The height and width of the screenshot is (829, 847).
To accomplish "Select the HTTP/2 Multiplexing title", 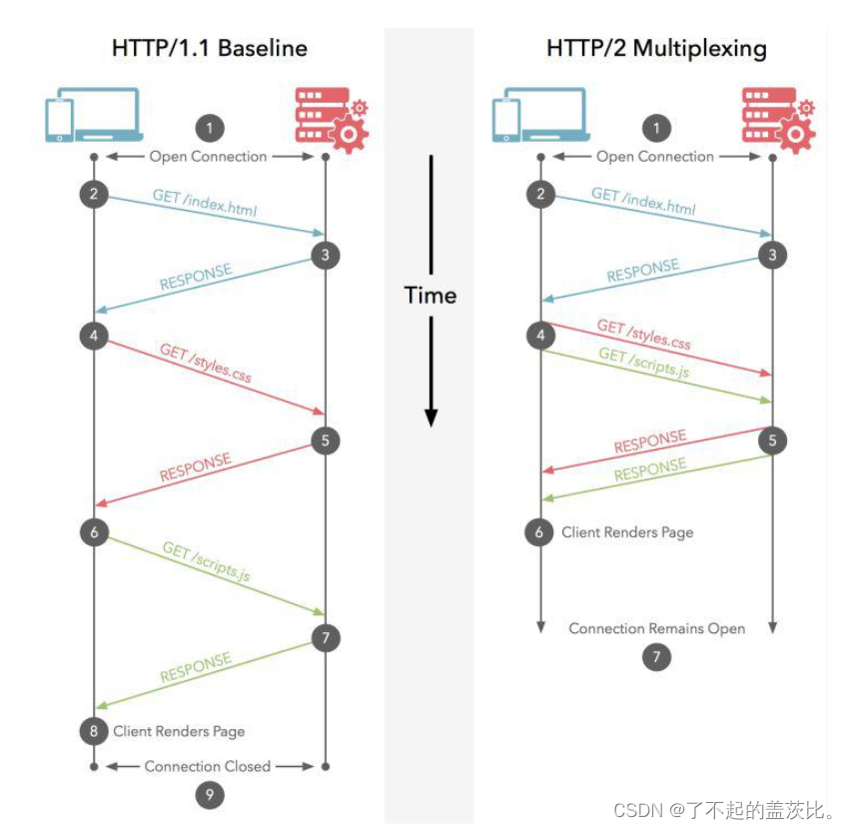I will click(x=655, y=47).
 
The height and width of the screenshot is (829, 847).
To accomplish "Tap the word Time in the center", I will click(x=430, y=295).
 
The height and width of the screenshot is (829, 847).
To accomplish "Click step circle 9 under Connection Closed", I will click(x=209, y=795).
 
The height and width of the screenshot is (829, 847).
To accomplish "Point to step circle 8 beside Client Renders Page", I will click(x=94, y=731).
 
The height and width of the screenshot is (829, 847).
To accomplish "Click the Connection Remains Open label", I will click(x=656, y=628).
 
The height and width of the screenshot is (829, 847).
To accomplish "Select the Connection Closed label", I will click(x=208, y=766).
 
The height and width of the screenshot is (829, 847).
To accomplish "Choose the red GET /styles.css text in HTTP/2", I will click(x=643, y=335).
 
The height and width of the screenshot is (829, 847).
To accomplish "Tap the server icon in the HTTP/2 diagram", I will click(x=778, y=119).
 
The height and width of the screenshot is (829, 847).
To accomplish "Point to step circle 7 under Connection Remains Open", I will click(x=656, y=657).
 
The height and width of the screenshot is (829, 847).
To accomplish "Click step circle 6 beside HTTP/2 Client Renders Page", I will click(x=539, y=532).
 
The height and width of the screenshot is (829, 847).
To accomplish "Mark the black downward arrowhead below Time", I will click(x=430, y=416).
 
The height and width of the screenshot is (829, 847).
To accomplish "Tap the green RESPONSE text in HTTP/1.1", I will click(x=196, y=667).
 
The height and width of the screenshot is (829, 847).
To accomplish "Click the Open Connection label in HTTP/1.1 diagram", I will click(x=208, y=156).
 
